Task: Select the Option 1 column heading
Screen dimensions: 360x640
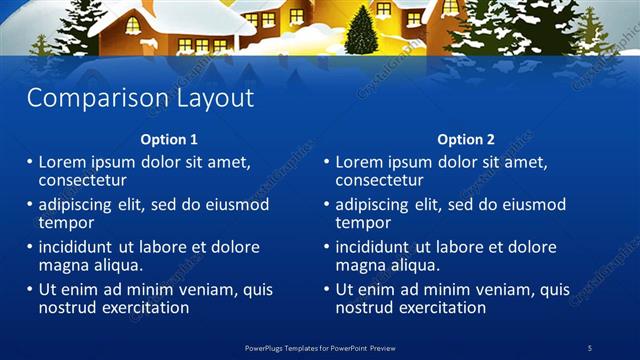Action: [x=169, y=140]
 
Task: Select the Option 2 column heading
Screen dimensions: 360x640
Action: [x=466, y=140]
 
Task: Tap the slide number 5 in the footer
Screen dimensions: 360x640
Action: [x=589, y=347]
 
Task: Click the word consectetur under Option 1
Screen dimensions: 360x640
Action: [x=82, y=181]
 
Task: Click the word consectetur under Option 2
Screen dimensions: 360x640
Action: [x=379, y=181]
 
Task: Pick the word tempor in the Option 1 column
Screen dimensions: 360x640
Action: [x=66, y=223]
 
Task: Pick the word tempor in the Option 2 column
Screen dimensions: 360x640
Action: [x=363, y=223]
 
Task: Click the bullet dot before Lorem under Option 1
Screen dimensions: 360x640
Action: [x=30, y=162]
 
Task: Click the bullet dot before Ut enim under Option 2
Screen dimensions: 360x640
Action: [x=327, y=290]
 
